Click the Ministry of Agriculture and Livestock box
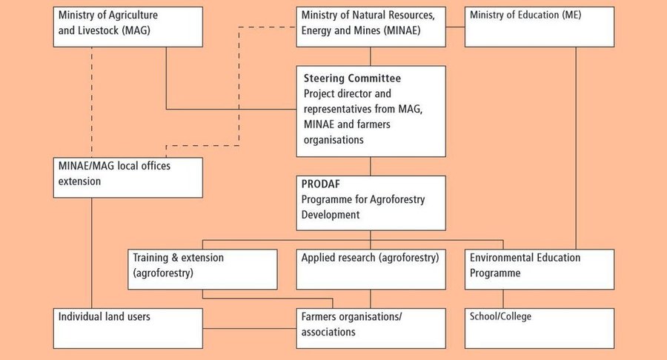point(127,27)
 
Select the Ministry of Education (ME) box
point(540,27)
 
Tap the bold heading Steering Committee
point(352,79)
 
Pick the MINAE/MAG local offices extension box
point(127,178)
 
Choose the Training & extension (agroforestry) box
point(202,270)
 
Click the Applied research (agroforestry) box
point(371,270)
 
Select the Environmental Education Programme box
point(540,270)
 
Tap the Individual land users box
point(127,329)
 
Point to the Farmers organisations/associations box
point(371,329)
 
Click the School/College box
point(540,329)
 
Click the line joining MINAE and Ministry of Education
point(455,27)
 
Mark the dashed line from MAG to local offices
point(91,102)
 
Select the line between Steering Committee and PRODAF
point(370,166)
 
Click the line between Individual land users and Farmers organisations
point(250,328)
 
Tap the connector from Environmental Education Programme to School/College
point(503,299)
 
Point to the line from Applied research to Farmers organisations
point(370,299)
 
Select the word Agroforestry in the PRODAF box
point(397,200)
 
